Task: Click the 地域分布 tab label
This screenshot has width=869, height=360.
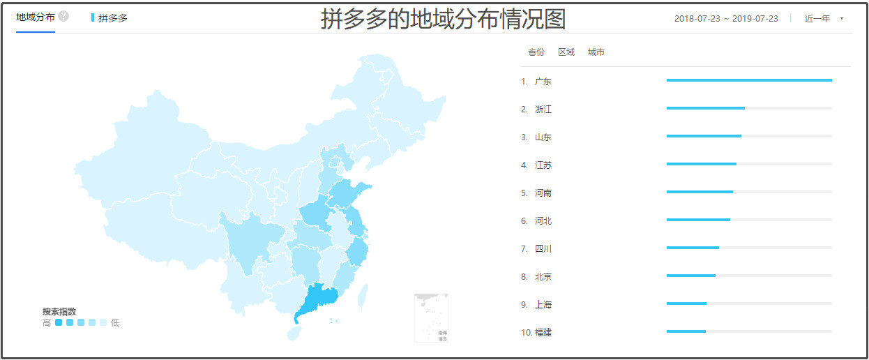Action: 35,17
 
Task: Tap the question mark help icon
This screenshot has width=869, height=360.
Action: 63,16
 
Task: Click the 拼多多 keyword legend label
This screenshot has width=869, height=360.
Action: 113,18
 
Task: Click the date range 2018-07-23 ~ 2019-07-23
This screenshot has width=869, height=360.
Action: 726,19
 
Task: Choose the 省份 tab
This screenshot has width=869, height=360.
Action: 536,52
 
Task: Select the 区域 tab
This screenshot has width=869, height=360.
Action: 566,52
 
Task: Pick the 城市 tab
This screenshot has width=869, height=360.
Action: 596,52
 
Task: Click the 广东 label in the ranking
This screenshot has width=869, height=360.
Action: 543,82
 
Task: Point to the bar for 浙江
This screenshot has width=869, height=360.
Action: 705,108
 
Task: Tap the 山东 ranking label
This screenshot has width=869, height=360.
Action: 543,137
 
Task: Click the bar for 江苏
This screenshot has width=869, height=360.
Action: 701,164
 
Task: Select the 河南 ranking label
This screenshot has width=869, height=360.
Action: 543,193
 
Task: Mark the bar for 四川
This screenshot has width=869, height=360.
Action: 693,248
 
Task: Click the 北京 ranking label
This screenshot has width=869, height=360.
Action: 543,277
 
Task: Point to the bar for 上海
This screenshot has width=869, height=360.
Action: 686,303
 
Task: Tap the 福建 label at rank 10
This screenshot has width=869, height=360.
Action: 543,333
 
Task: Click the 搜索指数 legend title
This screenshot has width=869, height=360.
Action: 59,312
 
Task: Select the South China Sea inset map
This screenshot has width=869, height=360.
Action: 431,317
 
